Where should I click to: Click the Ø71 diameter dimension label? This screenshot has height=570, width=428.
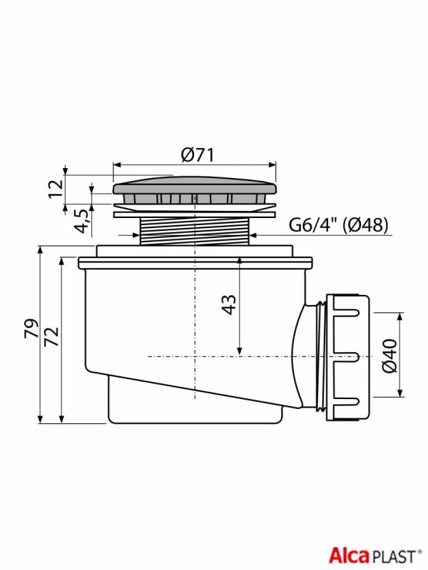click(x=198, y=155)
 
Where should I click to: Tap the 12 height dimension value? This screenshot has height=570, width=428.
click(x=56, y=189)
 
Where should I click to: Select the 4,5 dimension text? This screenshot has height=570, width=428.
click(x=81, y=222)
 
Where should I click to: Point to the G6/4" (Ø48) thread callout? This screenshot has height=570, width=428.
click(x=338, y=224)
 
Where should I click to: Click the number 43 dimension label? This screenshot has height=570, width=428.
click(x=229, y=305)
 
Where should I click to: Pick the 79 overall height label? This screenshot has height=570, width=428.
click(x=31, y=328)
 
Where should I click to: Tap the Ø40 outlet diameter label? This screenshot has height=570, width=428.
click(x=389, y=356)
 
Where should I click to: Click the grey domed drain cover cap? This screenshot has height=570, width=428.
click(x=195, y=186)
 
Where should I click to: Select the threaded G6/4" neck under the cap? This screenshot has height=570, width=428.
click(x=195, y=231)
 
